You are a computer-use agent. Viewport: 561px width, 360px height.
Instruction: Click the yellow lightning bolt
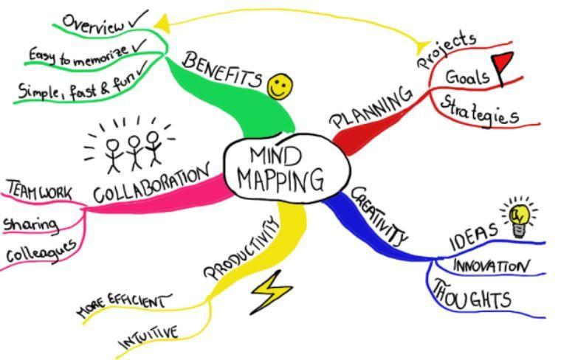tap(272, 291)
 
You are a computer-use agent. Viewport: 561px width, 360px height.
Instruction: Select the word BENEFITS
tap(222, 69)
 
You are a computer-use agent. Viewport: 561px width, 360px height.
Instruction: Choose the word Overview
tap(93, 23)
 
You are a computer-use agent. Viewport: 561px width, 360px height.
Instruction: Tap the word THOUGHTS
tap(471, 295)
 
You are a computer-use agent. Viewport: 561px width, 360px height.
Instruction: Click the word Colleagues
tap(41, 251)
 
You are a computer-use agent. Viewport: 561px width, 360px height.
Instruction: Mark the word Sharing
tap(30, 223)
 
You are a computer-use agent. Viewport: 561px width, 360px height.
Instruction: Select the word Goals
tap(467, 77)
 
